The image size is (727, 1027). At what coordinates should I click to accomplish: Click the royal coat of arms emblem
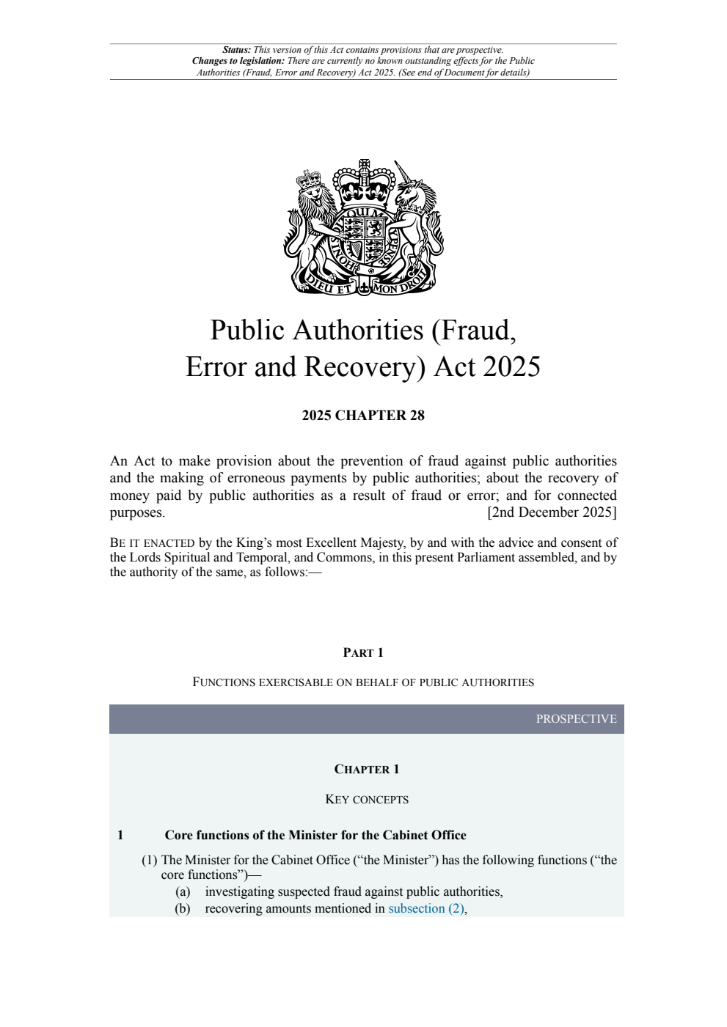[x=364, y=227]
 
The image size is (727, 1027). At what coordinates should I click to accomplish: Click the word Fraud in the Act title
[x=476, y=331]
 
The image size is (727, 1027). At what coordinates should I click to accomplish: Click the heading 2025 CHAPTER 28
[x=363, y=416]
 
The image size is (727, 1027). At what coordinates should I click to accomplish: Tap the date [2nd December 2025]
[x=552, y=512]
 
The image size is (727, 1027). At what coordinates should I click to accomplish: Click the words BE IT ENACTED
[x=152, y=543]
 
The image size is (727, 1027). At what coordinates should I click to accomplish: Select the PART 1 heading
[x=363, y=652]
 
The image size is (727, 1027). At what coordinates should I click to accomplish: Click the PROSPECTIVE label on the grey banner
[x=576, y=719]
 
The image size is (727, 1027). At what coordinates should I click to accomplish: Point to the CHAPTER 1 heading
[x=366, y=769]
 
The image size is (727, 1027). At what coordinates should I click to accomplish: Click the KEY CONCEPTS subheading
[x=366, y=799]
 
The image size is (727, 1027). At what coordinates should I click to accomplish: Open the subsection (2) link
[x=425, y=908]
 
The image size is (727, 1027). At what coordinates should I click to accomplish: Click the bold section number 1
[x=120, y=835]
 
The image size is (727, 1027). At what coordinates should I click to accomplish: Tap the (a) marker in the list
[x=183, y=891]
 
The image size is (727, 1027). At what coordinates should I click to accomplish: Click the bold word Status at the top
[x=236, y=50]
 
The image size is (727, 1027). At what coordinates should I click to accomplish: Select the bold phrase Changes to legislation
[x=238, y=61]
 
